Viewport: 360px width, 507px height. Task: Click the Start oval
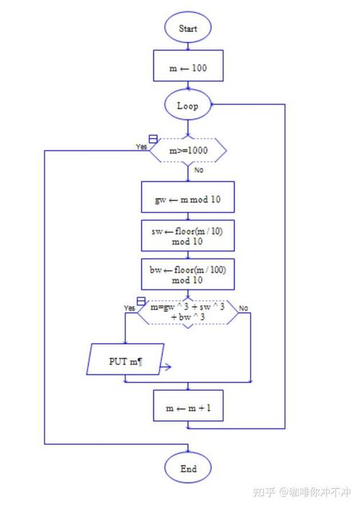pyautogui.click(x=188, y=28)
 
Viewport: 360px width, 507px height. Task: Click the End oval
pyautogui.click(x=188, y=469)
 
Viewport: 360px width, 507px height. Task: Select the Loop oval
pyautogui.click(x=188, y=105)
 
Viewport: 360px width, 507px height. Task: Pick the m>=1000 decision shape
pyautogui.click(x=188, y=151)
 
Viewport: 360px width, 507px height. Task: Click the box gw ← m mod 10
pyautogui.click(x=188, y=198)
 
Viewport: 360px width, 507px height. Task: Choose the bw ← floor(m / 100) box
pyautogui.click(x=188, y=274)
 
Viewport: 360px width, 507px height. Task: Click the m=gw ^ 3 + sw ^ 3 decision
pyautogui.click(x=188, y=312)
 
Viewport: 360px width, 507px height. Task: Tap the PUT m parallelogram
pyautogui.click(x=126, y=359)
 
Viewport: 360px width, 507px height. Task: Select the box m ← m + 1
pyautogui.click(x=188, y=407)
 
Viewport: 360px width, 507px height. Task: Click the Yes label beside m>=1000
pyautogui.click(x=142, y=146)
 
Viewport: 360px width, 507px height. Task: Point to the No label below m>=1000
pyautogui.click(x=199, y=171)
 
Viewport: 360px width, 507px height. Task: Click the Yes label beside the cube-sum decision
pyautogui.click(x=130, y=308)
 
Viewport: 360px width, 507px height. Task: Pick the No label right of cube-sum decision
pyautogui.click(x=243, y=308)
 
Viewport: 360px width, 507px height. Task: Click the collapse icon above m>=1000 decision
pyautogui.click(x=153, y=138)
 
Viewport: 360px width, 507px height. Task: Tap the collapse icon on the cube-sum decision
pyautogui.click(x=140, y=300)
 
